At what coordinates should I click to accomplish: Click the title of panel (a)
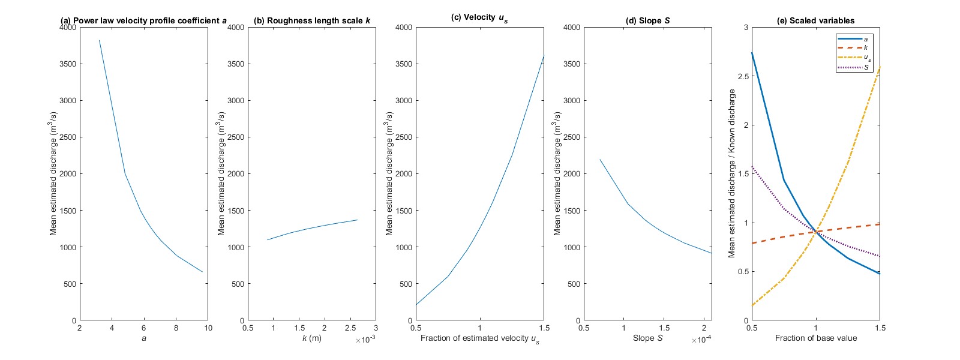[143, 20]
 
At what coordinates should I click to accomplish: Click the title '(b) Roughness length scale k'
[311, 20]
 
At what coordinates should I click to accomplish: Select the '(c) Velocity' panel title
[479, 17]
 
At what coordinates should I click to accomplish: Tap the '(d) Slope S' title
[647, 20]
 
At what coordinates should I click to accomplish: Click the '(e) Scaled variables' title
[815, 20]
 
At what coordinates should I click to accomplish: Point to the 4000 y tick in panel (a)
[68, 27]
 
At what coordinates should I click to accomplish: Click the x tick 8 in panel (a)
[176, 328]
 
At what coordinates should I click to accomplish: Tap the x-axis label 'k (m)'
[311, 338]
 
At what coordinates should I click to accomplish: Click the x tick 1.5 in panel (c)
[544, 328]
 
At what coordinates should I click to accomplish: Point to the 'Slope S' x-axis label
[647, 338]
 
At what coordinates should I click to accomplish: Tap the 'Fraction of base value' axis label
[815, 338]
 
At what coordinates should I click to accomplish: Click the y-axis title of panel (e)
[731, 174]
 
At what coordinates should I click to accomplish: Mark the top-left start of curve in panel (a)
[99, 40]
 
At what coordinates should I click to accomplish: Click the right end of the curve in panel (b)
[358, 220]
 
